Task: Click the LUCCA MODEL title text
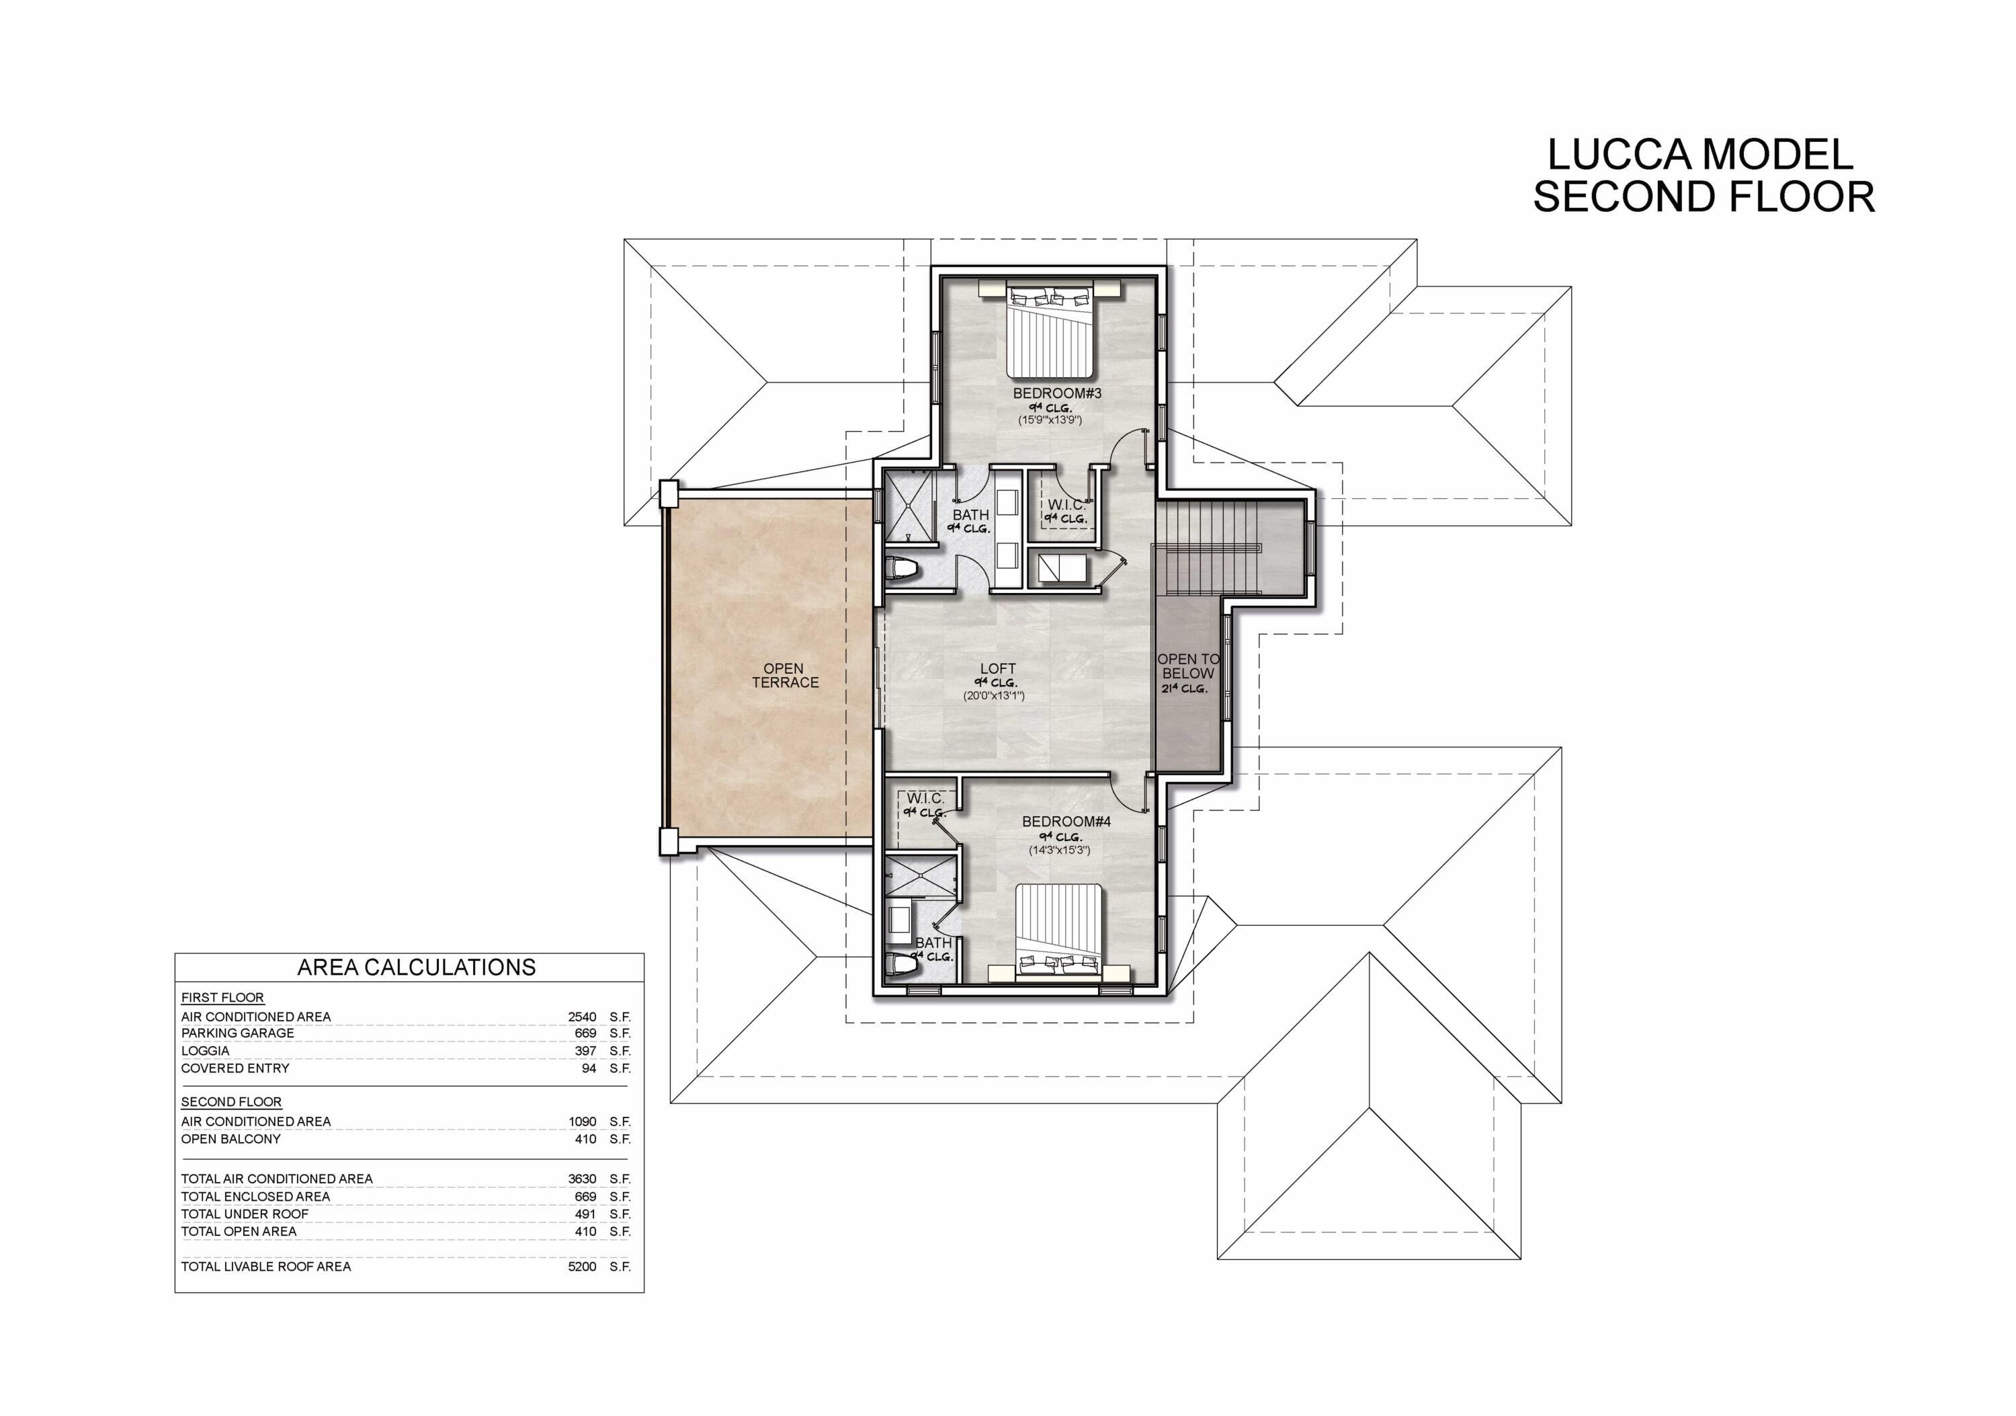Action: point(1700,155)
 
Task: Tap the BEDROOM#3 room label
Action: point(1056,393)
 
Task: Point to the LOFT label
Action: point(997,668)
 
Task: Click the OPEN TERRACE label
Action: point(784,676)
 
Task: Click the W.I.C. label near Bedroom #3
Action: point(1066,505)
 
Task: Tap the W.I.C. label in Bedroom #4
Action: point(925,799)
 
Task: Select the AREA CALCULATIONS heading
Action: point(416,967)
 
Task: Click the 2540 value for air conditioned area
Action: point(582,1017)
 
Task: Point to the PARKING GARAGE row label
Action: point(237,1033)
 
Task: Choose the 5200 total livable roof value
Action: point(582,1266)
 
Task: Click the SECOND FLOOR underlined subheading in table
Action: point(231,1101)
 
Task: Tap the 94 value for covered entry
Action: point(588,1068)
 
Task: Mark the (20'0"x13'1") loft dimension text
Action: point(994,696)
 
